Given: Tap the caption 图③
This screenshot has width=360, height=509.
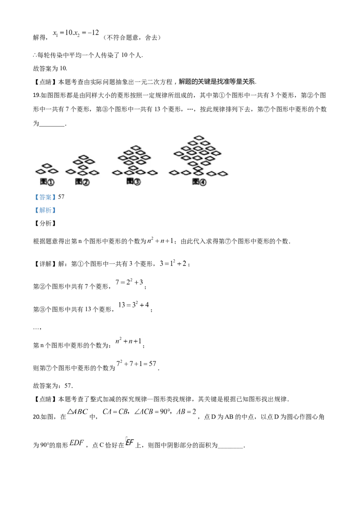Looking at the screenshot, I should [134, 181].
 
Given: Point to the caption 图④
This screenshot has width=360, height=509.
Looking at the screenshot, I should [199, 181].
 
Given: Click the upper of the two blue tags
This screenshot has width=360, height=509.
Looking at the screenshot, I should [45, 197].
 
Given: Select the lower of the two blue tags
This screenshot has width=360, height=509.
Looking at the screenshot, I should [45, 210].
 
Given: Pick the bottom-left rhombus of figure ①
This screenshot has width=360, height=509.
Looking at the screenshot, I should [40, 171].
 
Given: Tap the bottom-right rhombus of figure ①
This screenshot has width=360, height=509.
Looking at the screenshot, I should [53, 171].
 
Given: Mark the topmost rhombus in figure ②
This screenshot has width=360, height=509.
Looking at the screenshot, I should [84, 157].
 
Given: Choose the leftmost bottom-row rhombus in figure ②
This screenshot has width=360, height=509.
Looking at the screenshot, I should [70, 172].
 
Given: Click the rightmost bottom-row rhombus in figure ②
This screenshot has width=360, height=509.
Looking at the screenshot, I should [94, 172].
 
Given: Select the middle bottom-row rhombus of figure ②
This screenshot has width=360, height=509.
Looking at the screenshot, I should [82, 173].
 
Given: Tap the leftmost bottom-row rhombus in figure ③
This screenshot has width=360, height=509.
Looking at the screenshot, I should [117, 172].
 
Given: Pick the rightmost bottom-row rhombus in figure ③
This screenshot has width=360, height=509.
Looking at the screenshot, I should [153, 172].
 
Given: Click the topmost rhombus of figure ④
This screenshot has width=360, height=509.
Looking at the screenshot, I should [199, 138].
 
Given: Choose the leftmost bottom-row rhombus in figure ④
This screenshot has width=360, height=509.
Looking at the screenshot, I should [174, 172].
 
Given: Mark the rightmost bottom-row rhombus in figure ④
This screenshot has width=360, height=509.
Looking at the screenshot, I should [223, 173].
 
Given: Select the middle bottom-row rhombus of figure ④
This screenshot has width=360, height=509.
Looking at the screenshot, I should [198, 173].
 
